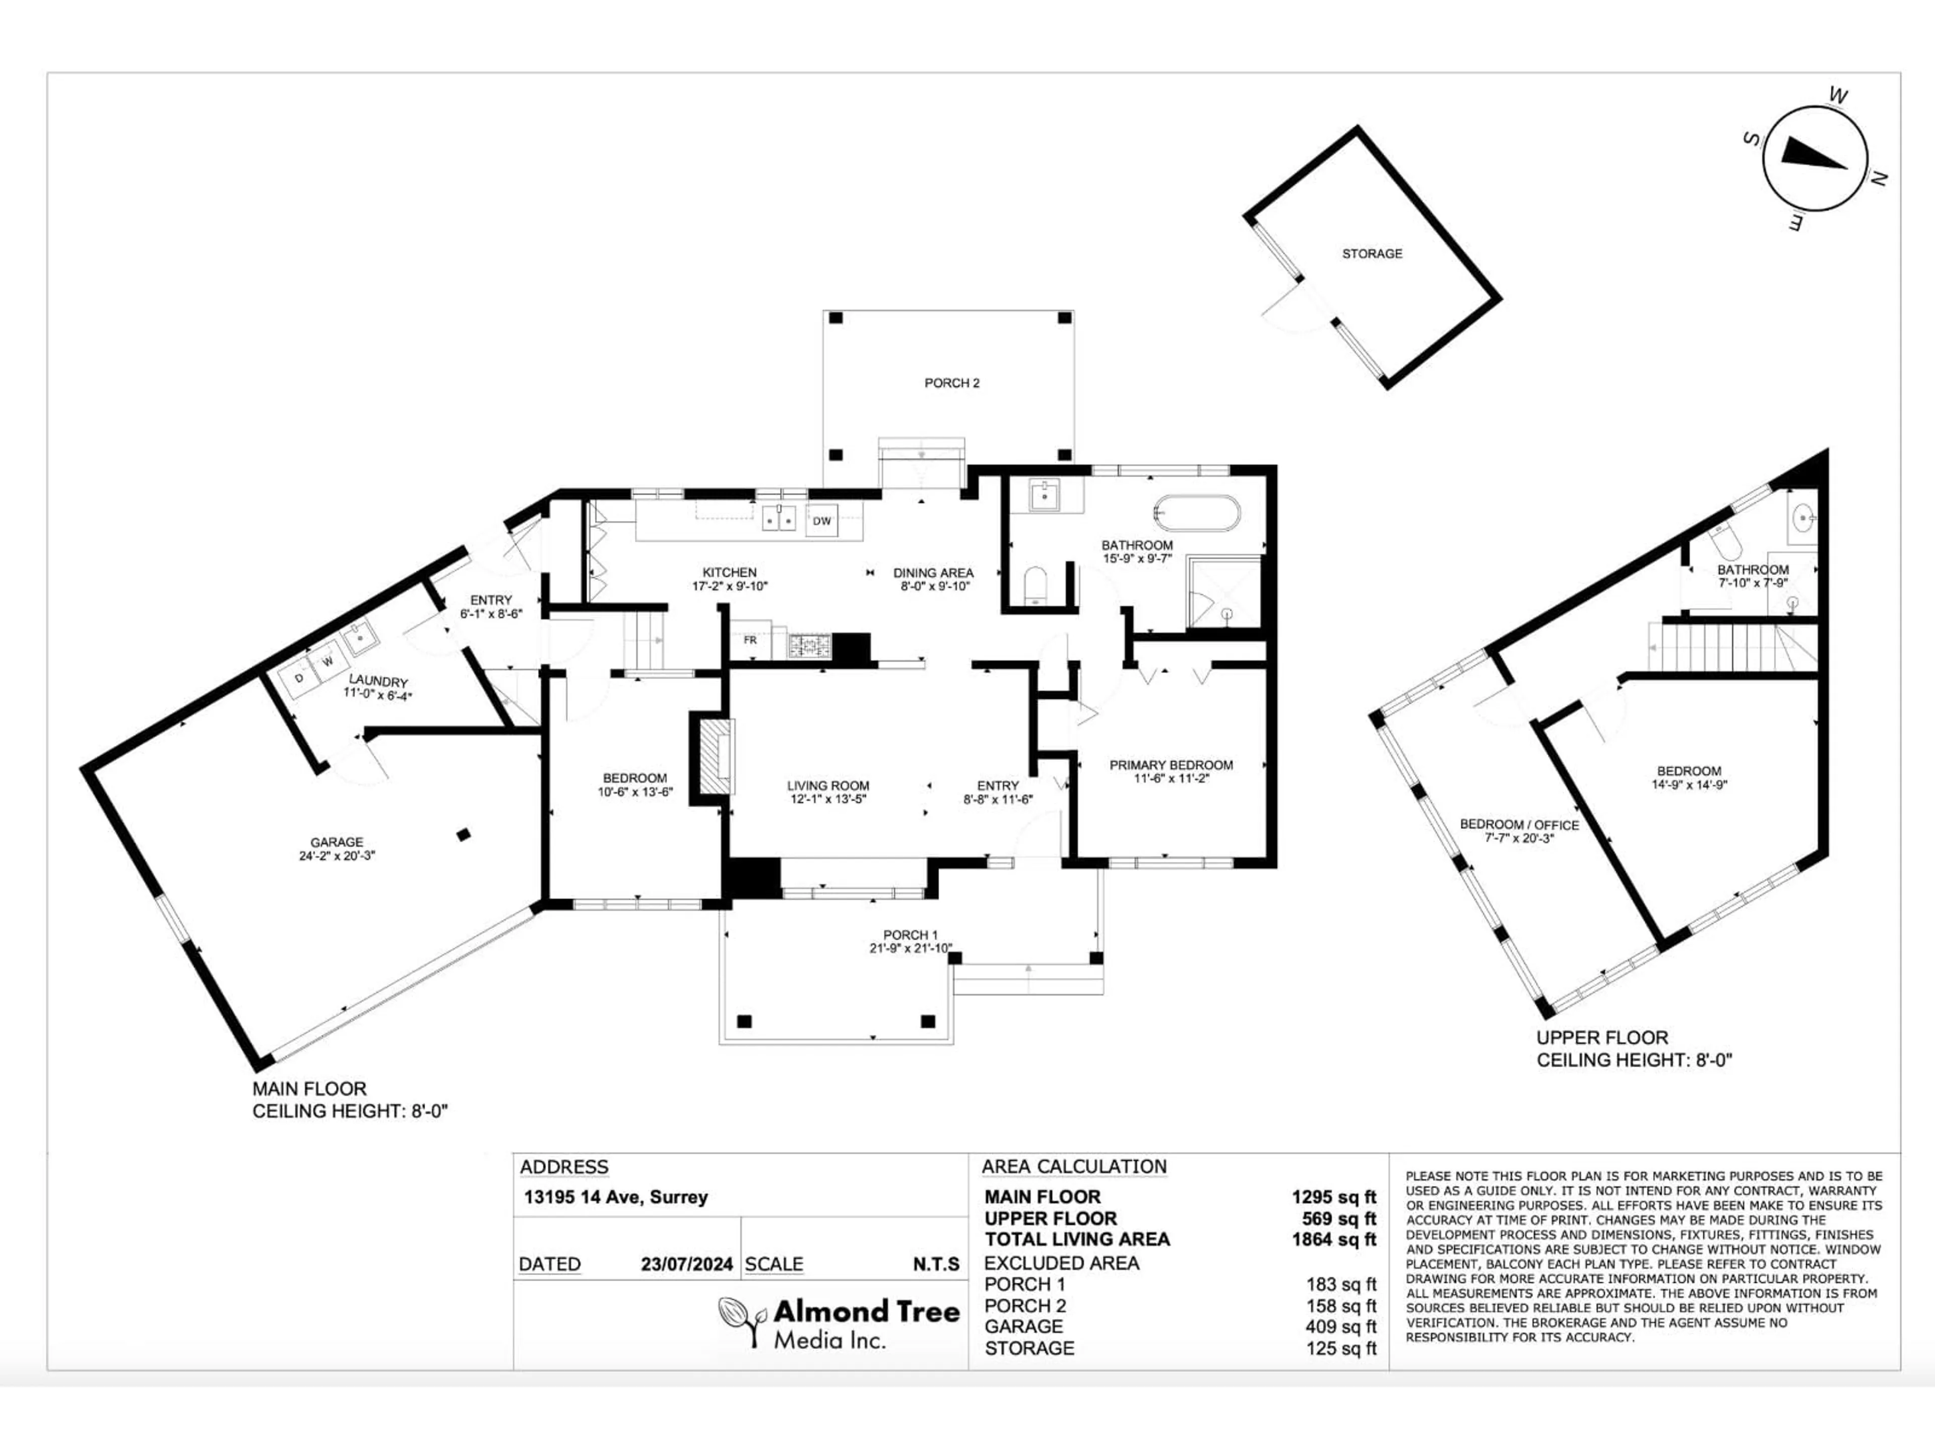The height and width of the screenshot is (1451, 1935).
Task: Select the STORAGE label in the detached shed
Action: (1372, 253)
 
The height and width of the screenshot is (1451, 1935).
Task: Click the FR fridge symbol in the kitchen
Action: (750, 640)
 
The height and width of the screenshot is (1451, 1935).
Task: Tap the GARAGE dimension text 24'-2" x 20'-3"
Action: (337, 856)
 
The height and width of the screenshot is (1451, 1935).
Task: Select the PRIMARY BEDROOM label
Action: (1171, 765)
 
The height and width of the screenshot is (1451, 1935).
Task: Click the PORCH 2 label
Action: (952, 383)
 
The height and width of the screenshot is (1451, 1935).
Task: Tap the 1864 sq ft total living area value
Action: (1333, 1239)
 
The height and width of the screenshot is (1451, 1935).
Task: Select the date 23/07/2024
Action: (687, 1265)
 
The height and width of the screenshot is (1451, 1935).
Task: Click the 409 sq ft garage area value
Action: (1340, 1327)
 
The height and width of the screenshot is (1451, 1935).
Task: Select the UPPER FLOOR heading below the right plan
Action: (1602, 1038)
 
